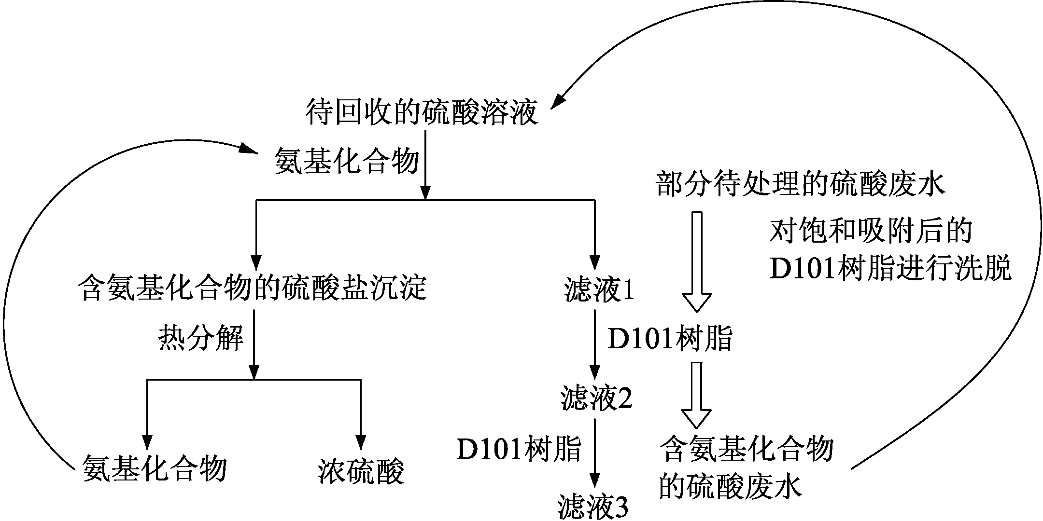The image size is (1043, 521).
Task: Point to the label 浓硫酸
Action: [x=361, y=471]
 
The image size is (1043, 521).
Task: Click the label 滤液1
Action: [x=598, y=289]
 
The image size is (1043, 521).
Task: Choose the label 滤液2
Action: [x=596, y=398]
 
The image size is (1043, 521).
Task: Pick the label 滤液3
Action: [x=593, y=507]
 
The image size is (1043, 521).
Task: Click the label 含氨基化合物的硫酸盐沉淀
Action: [x=253, y=288]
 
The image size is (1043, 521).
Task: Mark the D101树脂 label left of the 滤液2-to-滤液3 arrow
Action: [x=519, y=449]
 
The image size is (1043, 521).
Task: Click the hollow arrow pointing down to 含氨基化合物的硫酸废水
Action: [x=696, y=395]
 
